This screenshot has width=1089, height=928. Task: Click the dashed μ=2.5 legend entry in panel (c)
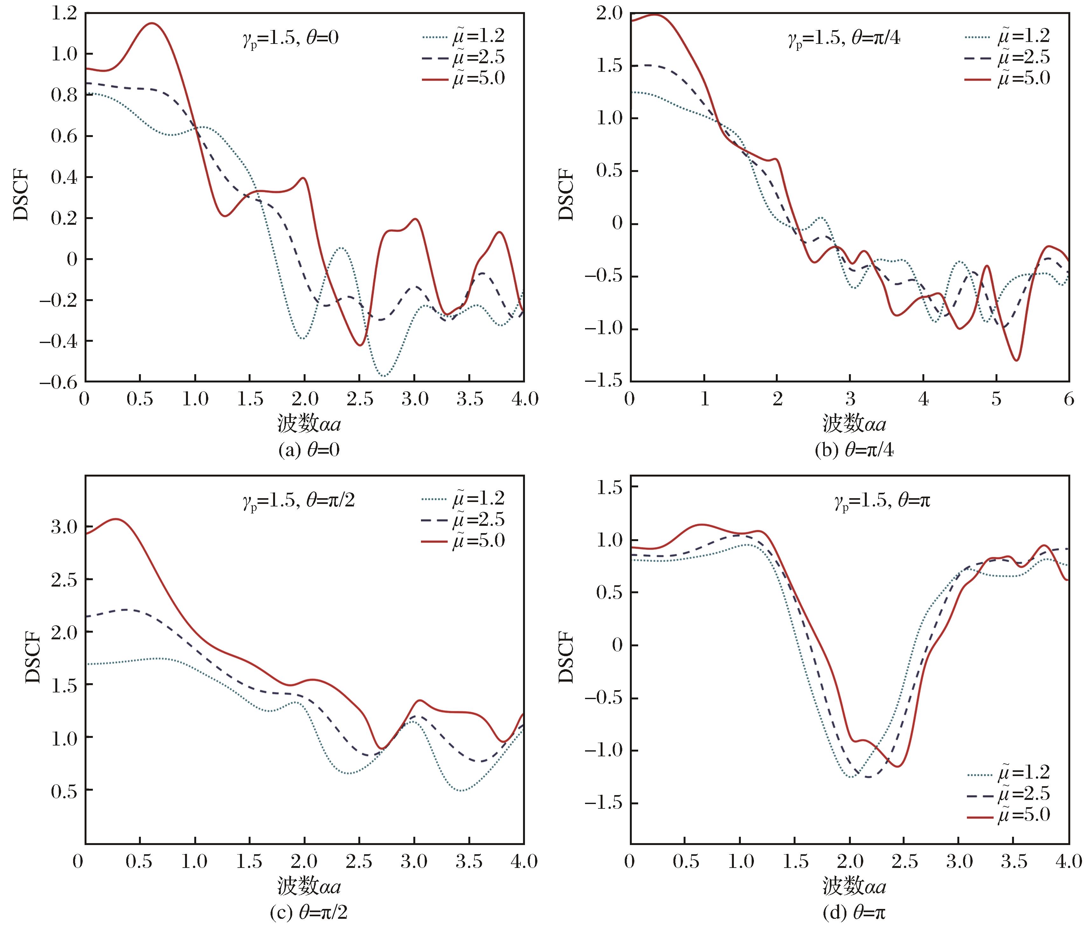coord(463,520)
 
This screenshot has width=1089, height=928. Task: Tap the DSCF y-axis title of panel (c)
coord(32,657)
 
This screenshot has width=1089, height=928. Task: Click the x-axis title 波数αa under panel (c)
coord(308,887)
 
